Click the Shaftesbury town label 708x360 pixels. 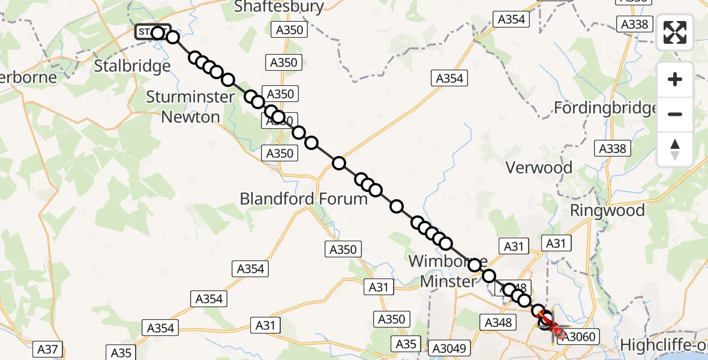click(279, 7)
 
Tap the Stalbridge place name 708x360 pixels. click(133, 65)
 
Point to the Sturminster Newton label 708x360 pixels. click(190, 106)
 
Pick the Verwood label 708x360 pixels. click(539, 167)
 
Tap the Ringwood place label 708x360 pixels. click(607, 211)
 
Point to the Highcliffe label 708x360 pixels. click(664, 346)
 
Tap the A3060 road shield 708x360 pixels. click(580, 337)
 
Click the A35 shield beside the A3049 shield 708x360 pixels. click(406, 344)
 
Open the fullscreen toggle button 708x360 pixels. click(675, 32)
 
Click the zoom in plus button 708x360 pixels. click(675, 79)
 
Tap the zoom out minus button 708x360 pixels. click(675, 114)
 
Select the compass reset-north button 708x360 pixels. click(675, 149)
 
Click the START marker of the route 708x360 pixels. click(152, 32)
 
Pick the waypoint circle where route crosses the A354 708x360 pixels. click(339, 163)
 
